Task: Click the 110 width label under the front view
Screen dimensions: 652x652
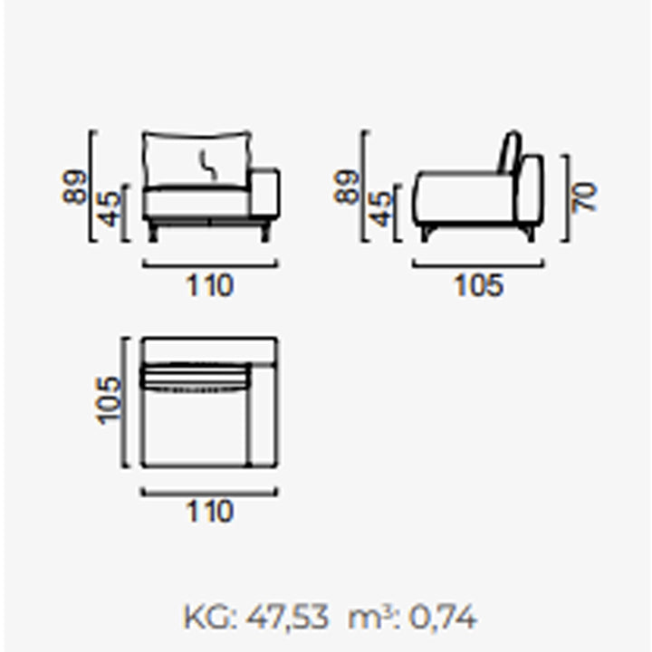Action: click(209, 285)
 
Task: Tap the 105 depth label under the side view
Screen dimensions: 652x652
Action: click(479, 285)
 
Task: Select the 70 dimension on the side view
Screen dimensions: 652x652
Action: click(585, 197)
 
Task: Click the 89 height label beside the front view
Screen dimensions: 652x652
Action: click(75, 187)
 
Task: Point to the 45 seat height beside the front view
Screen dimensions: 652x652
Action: click(110, 209)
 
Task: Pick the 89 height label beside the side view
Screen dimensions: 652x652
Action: click(346, 187)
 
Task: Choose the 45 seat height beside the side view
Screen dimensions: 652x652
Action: click(381, 209)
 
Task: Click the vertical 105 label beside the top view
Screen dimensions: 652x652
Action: click(109, 400)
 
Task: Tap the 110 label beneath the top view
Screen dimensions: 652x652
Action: click(209, 511)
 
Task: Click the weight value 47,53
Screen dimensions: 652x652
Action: click(287, 618)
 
